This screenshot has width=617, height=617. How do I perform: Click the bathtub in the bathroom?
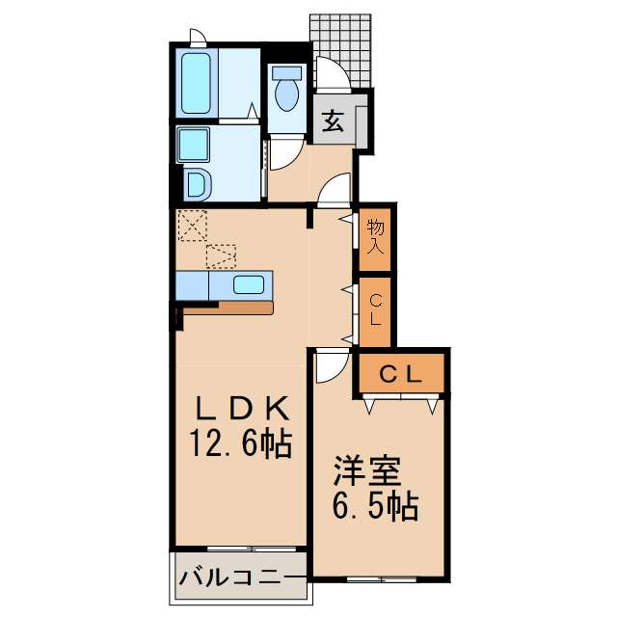pos(197,84)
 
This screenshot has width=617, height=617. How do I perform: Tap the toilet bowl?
pos(286,94)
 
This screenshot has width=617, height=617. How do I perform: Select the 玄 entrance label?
pos(332,121)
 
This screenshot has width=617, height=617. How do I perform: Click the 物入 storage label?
pos(375,237)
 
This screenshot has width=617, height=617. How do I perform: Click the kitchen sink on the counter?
pos(250,284)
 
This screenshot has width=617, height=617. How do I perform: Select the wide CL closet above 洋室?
pos(400,374)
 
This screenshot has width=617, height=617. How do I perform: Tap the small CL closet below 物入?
pos(375,310)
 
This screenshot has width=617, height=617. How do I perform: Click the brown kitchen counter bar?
pos(228,308)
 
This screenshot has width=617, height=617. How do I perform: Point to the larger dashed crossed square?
pos(193,226)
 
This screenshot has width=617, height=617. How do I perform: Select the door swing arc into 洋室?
pos(331,365)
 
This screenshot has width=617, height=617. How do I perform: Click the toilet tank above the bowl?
pos(285,71)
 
